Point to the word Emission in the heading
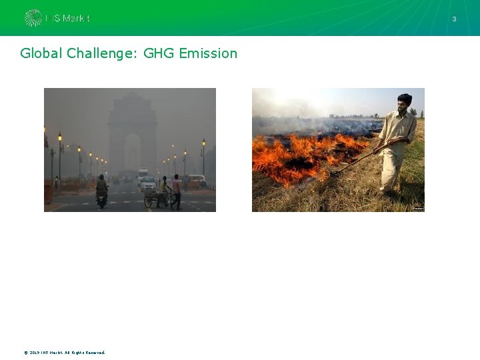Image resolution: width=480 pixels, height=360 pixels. point(208,53)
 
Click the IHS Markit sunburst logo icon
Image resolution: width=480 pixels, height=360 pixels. point(33,18)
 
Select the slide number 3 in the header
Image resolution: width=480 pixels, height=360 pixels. point(454,19)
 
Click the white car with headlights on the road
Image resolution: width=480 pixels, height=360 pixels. point(147,182)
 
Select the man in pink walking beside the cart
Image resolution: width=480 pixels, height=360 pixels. point(177,188)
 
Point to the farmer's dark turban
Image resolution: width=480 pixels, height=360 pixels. point(404,98)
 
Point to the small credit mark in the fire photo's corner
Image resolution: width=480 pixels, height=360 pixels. point(418,209)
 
